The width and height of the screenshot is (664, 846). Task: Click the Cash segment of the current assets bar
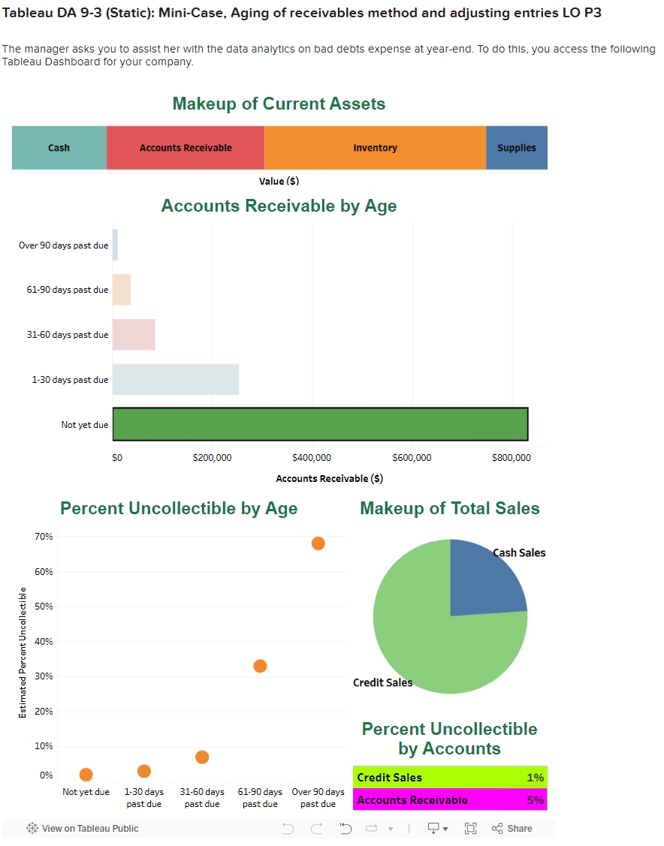tap(59, 148)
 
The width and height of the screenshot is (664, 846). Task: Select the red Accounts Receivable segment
tap(186, 148)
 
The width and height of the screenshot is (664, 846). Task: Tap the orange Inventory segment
tap(375, 148)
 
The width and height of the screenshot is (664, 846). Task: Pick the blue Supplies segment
tap(517, 148)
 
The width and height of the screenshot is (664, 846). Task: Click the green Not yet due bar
tap(320, 424)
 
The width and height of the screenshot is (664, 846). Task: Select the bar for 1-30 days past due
tap(176, 379)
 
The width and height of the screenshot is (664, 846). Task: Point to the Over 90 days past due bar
tap(115, 245)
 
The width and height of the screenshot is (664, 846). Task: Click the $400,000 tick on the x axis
tap(311, 458)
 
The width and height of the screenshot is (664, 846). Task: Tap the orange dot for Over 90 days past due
tap(318, 543)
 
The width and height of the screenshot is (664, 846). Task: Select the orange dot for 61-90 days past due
tap(260, 666)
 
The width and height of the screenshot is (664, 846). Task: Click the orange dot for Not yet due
tap(86, 774)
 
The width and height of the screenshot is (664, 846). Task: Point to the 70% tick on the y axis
tap(44, 537)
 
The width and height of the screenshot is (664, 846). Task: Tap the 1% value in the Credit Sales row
tap(536, 778)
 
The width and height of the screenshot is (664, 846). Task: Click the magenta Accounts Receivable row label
tap(412, 800)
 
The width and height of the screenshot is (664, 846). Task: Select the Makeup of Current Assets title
tap(279, 104)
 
